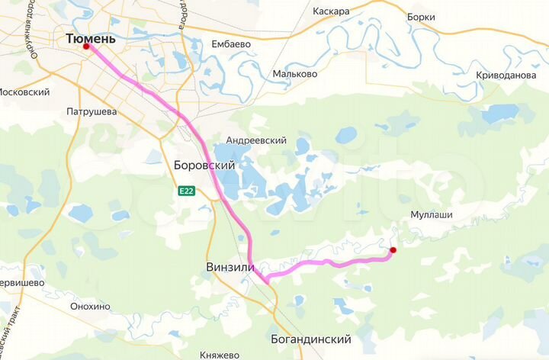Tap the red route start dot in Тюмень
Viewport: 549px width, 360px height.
86,47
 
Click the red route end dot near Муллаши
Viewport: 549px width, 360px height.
393,249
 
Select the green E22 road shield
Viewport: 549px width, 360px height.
187,191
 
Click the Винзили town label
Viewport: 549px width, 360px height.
230,267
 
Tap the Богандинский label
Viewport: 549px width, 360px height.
310,339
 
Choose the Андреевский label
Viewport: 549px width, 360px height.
256,140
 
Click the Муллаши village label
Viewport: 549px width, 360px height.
432,215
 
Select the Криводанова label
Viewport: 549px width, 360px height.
506,76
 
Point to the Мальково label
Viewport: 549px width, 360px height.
295,74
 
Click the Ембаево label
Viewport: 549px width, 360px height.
231,44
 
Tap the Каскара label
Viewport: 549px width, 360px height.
332,11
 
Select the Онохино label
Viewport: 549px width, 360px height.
90,307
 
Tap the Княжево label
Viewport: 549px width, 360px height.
220,354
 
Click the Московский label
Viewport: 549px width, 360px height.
24,92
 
